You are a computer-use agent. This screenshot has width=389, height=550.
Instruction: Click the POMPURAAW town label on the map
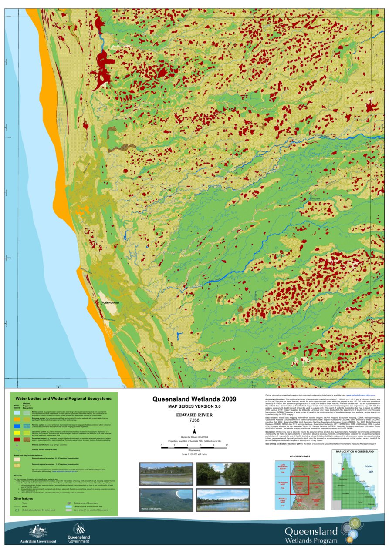[110, 301]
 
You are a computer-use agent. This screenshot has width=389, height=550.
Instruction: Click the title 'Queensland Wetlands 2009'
[194, 399]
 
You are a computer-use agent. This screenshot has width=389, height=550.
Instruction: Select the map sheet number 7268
[194, 420]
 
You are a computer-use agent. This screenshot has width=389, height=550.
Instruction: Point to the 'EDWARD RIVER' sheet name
[194, 415]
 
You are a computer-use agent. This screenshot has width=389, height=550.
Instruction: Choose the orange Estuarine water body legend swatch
[17, 419]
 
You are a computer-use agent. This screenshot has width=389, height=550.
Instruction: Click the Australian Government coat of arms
[38, 531]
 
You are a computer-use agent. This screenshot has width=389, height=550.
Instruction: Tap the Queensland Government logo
[78, 531]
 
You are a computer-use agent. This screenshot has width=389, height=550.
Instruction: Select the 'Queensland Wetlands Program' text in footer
[311, 535]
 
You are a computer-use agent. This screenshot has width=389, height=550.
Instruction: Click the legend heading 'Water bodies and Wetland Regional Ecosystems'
[63, 398]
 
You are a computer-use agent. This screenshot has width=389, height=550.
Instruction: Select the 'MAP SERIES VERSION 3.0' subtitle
[194, 406]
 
